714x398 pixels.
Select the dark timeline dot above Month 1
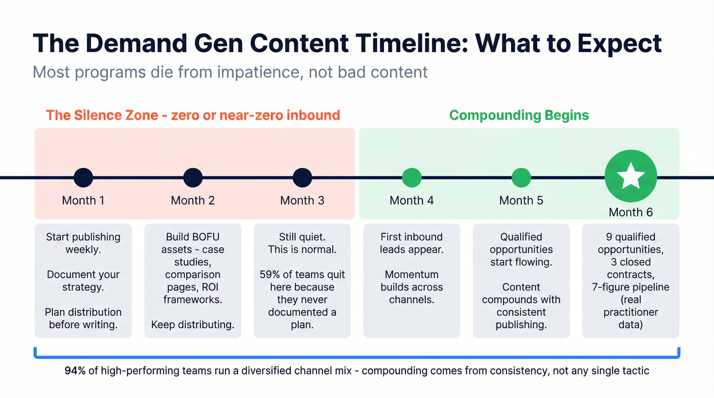point(83,178)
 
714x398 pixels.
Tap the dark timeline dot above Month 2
point(193,178)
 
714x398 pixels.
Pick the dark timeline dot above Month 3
point(302,178)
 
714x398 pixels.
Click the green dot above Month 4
point(412,178)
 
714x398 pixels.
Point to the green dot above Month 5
point(521,178)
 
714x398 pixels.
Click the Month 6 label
point(630,212)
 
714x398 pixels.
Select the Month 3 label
point(302,200)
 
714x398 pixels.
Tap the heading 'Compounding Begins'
point(519,115)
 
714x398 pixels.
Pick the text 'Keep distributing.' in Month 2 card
point(193,325)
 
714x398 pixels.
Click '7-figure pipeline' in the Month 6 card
point(630,287)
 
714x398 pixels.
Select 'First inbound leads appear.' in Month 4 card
point(412,243)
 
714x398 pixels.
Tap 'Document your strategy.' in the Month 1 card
point(83,281)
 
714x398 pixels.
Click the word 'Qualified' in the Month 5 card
point(521,237)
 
